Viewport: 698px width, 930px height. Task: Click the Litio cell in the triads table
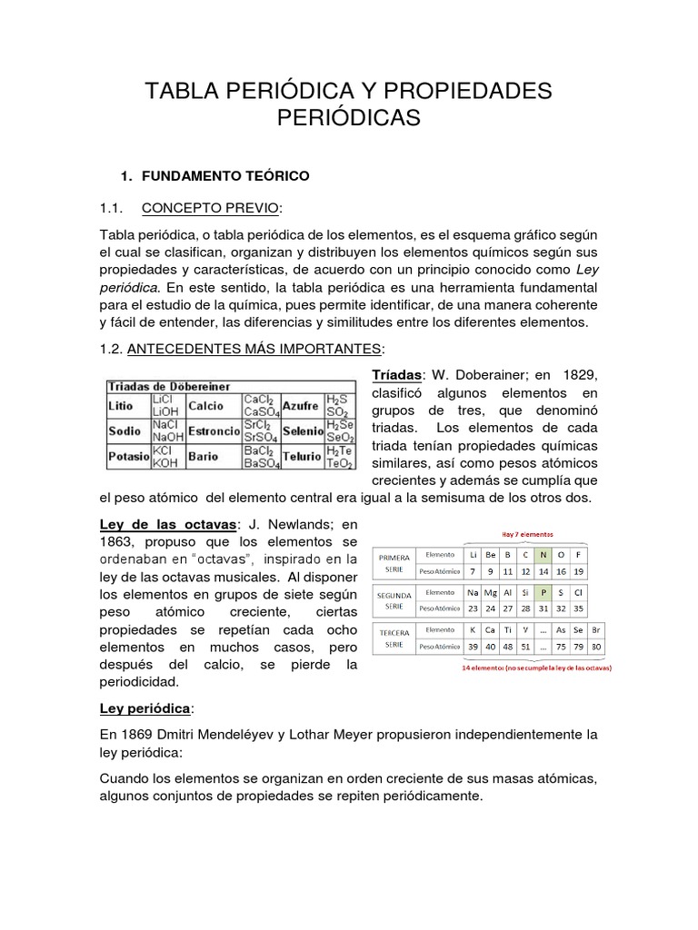point(122,406)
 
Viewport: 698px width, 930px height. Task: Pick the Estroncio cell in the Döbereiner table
point(214,430)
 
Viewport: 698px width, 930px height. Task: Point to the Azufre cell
point(300,405)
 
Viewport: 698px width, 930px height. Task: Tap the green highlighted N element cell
point(543,554)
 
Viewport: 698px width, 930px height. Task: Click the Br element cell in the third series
point(596,628)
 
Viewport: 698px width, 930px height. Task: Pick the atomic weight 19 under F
point(579,571)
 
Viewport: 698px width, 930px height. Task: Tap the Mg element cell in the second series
point(491,591)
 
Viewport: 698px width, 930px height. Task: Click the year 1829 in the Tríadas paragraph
point(582,376)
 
